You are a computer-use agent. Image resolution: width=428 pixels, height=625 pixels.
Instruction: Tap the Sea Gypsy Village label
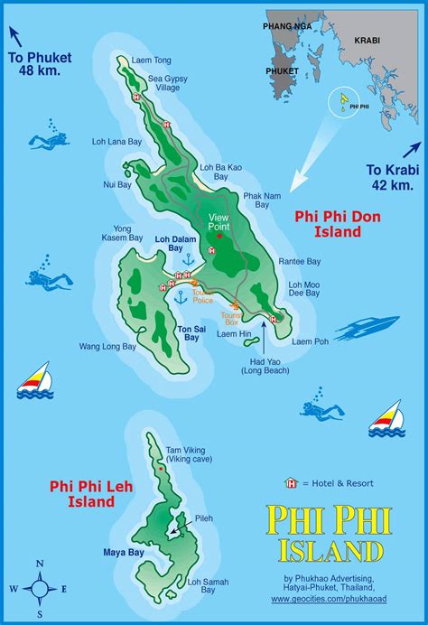pyautogui.click(x=167, y=84)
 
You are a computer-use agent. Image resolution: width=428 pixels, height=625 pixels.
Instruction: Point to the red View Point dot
pyautogui.click(x=219, y=236)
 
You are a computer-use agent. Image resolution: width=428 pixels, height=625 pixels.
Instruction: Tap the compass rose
pyautogui.click(x=39, y=587)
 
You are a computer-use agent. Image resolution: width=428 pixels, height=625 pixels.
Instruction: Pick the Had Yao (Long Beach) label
pyautogui.click(x=257, y=366)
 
